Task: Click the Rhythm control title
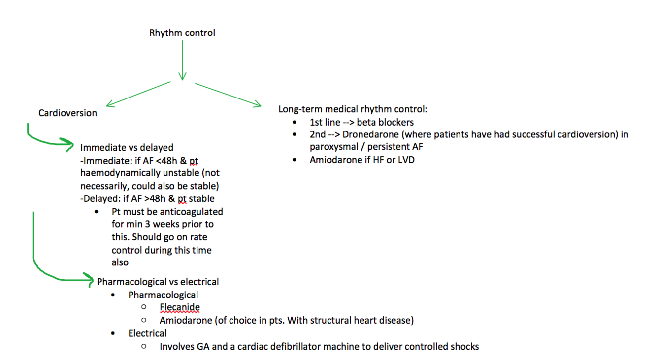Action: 182,33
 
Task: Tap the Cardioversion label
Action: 67,113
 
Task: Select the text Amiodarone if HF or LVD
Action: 362,160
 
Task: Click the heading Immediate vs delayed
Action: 127,148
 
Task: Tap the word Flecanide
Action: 180,308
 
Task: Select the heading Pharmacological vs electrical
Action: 158,282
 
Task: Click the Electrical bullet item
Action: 148,334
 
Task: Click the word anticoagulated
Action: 192,212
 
